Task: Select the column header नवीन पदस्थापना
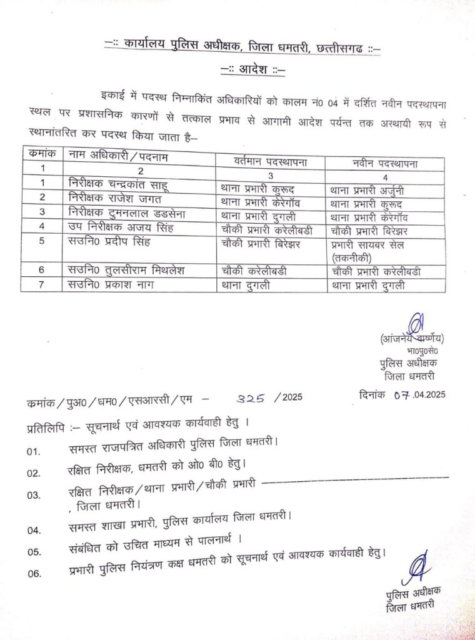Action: [x=384, y=163]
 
